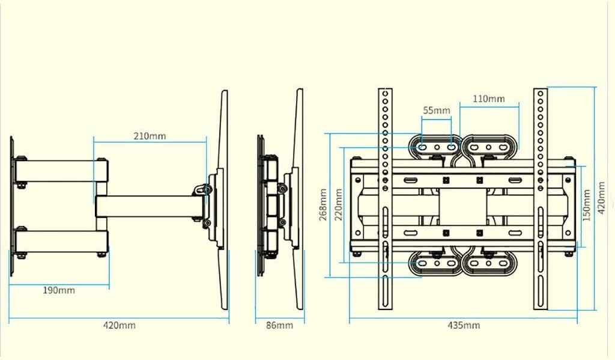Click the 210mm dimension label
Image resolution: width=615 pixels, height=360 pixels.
click(150, 136)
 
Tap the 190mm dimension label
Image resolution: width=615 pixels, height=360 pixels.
click(59, 290)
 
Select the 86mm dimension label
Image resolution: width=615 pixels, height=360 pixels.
click(280, 326)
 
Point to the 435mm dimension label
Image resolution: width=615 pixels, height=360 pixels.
click(464, 326)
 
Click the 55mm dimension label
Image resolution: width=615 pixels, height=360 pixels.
click(437, 111)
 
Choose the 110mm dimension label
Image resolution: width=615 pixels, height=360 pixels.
click(489, 99)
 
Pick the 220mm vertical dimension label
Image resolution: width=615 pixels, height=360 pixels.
click(339, 204)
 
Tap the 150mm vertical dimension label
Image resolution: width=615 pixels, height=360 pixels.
click(587, 204)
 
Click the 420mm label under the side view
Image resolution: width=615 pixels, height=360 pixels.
click(119, 326)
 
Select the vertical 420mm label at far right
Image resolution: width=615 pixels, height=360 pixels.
click(602, 204)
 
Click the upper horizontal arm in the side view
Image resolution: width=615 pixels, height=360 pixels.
click(60, 171)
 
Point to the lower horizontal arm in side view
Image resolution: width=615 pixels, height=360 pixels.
click(60, 242)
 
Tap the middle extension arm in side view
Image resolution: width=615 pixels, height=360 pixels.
click(150, 206)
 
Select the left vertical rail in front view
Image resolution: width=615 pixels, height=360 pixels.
click(385, 198)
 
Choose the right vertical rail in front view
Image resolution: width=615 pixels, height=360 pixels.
click(541, 198)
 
